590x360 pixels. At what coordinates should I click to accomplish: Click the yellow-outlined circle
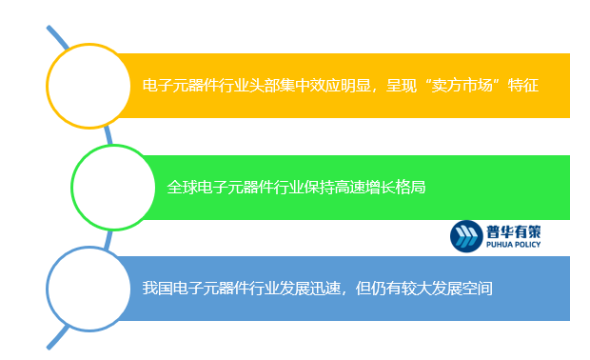coord(88,86)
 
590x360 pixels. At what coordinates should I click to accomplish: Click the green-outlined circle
coord(113,187)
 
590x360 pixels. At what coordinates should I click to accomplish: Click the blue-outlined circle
coord(88,288)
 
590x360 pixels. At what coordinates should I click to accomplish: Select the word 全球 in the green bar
coord(182,188)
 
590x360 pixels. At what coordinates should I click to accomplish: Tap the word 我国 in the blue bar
coord(157,288)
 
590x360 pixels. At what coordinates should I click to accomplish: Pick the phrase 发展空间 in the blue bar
coord(461,288)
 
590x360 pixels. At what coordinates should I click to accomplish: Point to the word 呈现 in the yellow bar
coord(400,87)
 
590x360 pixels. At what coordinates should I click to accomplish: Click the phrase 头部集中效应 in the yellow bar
coord(293,87)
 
